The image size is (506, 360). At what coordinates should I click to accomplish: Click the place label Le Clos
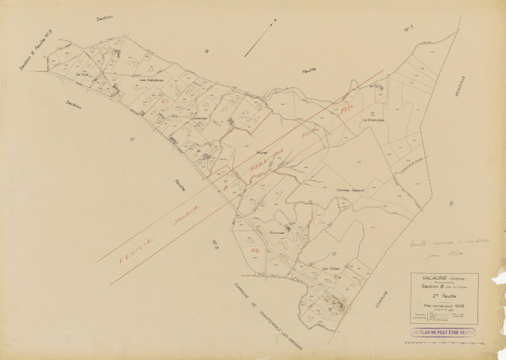click(x=83, y=74)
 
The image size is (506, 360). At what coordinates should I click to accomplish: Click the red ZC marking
click(x=164, y=100)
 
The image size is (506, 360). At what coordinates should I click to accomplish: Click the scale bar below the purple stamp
click(x=450, y=344)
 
